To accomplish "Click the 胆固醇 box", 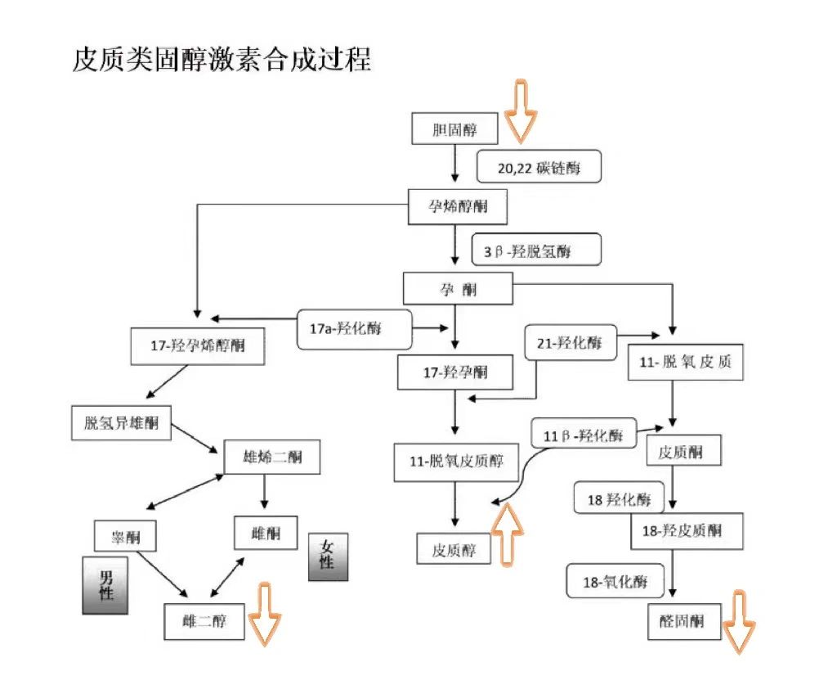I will [x=454, y=129].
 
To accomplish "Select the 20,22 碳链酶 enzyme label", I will [x=539, y=168].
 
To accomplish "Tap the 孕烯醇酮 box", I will [x=457, y=206].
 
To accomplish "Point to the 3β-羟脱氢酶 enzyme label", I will [x=535, y=250].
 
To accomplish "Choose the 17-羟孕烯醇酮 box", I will [x=198, y=346].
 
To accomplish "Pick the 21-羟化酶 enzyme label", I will [x=569, y=343].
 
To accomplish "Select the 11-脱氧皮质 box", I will [x=686, y=361].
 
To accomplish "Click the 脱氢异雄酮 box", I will [x=121, y=423].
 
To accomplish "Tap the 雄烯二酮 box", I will [x=272, y=457].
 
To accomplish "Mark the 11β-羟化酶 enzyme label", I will [x=582, y=434].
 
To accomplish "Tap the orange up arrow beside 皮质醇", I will [x=508, y=533].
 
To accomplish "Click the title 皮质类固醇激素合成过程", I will [x=222, y=60].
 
